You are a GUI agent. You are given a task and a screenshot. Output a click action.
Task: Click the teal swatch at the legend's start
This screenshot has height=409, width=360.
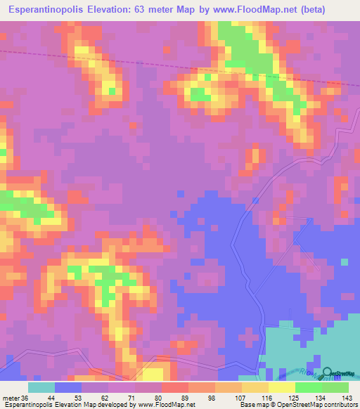41,387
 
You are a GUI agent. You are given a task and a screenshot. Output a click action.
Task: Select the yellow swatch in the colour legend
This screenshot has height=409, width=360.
281,387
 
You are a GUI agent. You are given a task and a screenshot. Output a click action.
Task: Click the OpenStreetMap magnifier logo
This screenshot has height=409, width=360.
327,373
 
